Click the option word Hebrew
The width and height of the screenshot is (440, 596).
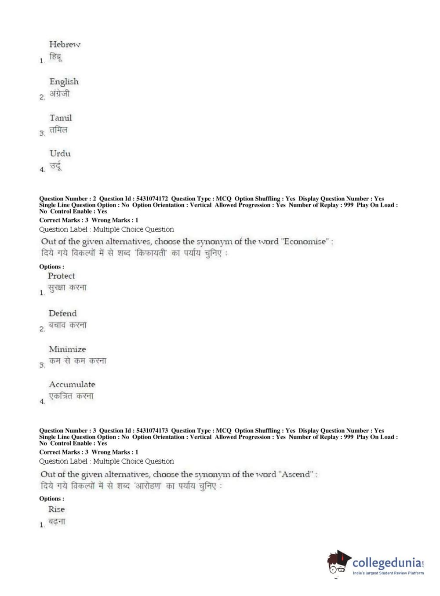click(65, 44)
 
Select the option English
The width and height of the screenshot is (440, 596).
click(64, 82)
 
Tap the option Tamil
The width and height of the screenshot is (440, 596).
click(61, 118)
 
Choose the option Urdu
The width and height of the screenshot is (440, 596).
click(60, 153)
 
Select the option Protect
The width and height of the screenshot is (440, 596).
click(62, 276)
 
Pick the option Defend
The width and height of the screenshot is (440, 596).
click(63, 313)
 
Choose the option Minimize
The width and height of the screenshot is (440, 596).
click(67, 349)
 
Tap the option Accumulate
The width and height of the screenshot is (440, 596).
click(72, 385)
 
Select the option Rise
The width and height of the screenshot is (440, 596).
click(57, 509)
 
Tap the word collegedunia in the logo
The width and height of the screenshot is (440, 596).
click(387, 563)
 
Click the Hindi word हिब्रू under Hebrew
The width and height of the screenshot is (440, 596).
click(55, 57)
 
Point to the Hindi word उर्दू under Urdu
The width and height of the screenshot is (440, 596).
click(55, 166)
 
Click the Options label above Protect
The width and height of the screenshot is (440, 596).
click(51, 267)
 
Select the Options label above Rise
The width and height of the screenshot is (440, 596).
click(51, 499)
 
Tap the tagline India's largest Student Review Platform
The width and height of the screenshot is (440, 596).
click(388, 573)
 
